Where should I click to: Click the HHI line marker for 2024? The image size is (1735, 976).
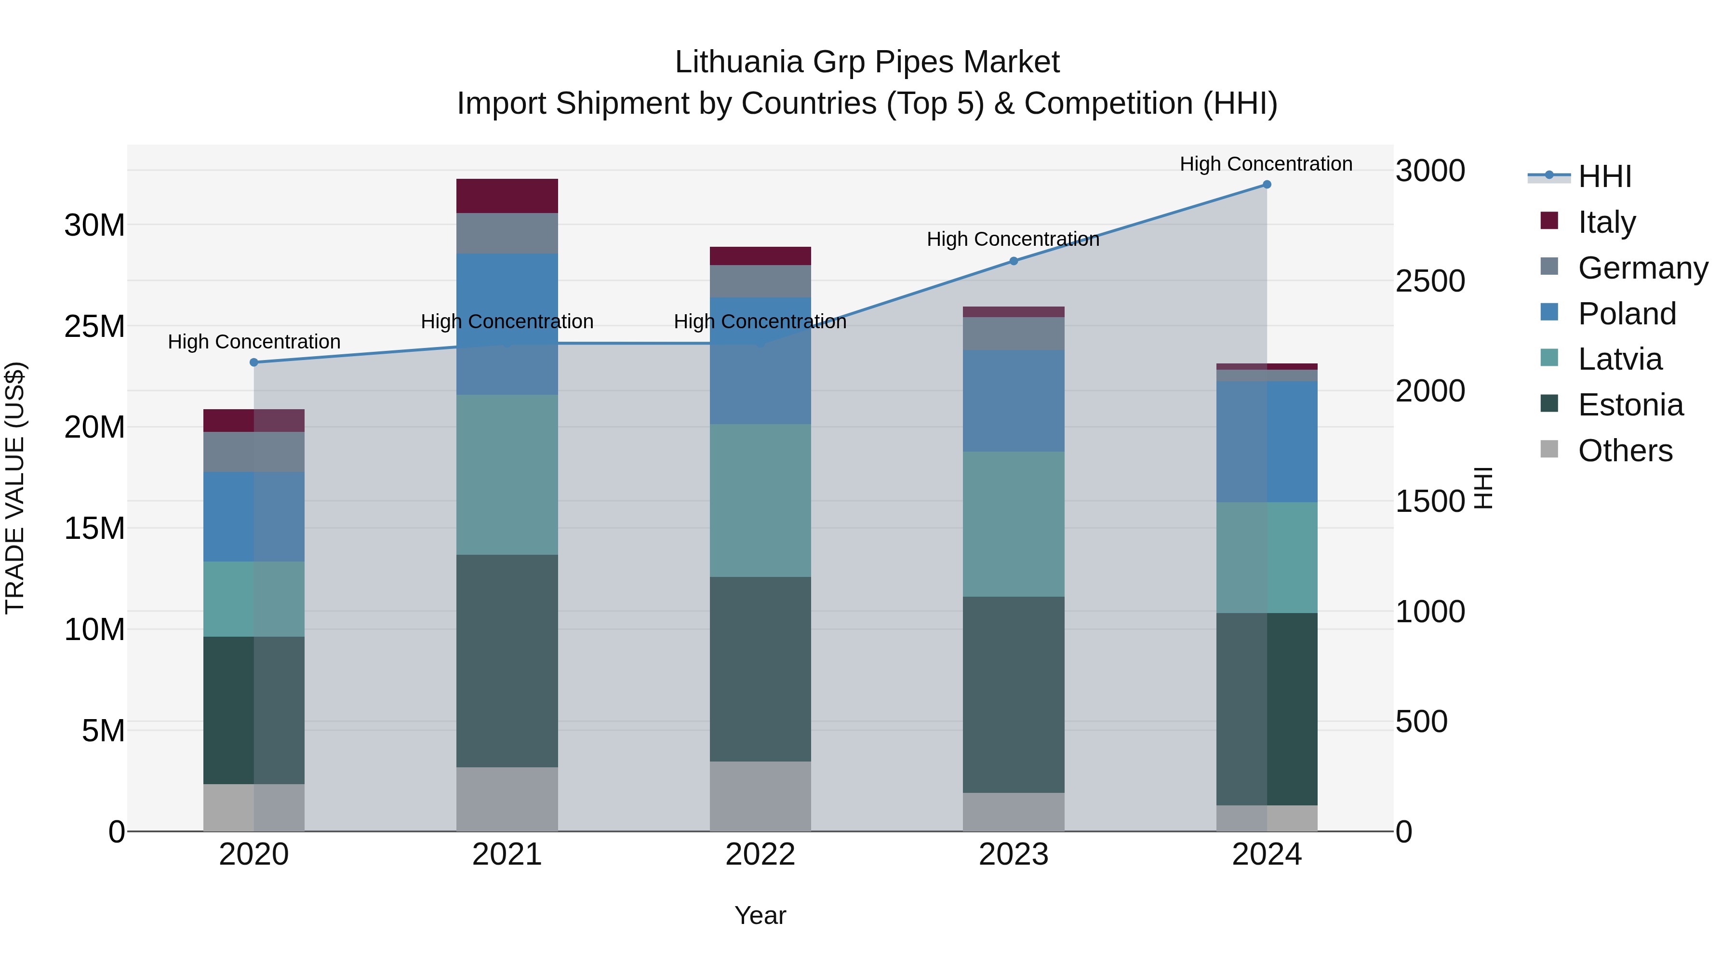(x=1266, y=185)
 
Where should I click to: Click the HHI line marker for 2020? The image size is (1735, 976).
(x=254, y=362)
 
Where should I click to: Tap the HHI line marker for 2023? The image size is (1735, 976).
(x=1014, y=261)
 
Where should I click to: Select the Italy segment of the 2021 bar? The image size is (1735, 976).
(x=507, y=196)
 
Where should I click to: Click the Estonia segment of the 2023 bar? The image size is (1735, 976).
(x=1014, y=695)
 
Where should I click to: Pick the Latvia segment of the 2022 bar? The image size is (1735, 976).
(x=761, y=500)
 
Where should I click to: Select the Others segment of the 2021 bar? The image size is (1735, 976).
(x=507, y=799)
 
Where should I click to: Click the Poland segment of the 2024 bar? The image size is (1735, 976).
(x=1266, y=442)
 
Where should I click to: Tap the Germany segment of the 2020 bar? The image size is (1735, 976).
(x=254, y=452)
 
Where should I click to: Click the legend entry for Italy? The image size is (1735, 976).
(x=1606, y=222)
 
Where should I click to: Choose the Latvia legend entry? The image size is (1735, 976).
(x=1620, y=359)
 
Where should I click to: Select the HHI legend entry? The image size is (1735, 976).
(x=1604, y=176)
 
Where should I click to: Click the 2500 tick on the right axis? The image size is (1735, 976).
(x=1430, y=281)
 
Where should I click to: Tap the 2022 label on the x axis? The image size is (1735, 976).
(x=761, y=855)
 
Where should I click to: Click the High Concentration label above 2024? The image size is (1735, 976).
(x=1266, y=164)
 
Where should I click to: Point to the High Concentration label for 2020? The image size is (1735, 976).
(x=254, y=342)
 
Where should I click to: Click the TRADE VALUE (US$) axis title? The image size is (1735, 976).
(x=15, y=488)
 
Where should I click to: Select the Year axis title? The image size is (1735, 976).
(x=761, y=915)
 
